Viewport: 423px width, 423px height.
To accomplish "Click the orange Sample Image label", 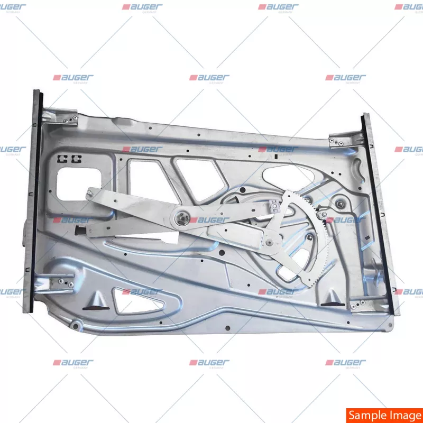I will [384, 415].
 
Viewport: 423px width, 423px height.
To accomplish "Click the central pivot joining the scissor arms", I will [182, 217].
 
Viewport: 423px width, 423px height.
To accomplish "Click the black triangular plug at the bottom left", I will [95, 303].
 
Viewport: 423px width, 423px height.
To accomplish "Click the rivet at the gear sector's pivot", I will [270, 243].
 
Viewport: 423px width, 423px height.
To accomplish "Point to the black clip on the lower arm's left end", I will [82, 230].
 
